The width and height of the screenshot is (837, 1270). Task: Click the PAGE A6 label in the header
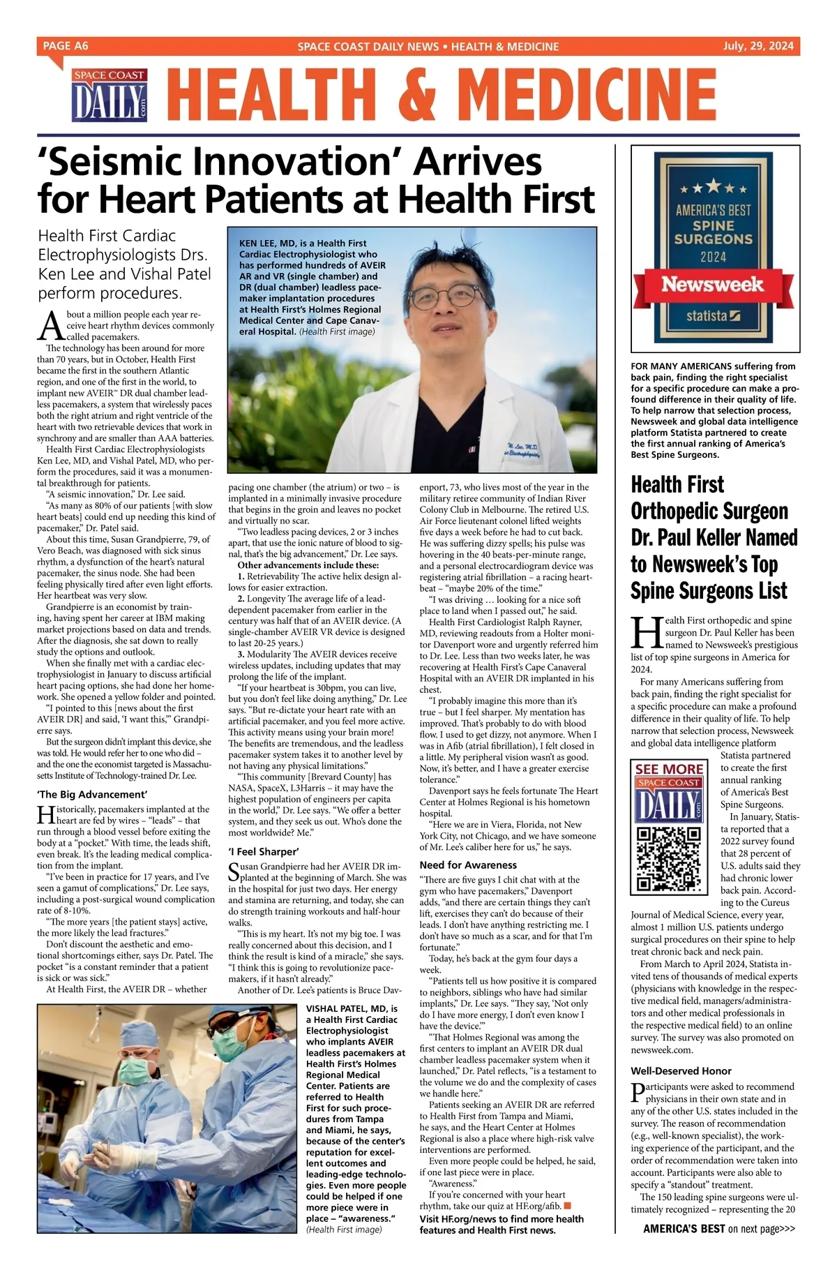(66, 46)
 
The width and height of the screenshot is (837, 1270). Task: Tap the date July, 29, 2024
(758, 46)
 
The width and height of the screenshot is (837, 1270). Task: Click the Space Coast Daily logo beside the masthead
(110, 96)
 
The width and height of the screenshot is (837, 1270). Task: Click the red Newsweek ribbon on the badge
(712, 285)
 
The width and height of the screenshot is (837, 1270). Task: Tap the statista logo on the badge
(713, 316)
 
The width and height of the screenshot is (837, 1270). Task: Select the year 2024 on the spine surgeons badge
(714, 257)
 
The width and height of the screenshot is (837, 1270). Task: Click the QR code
(670, 859)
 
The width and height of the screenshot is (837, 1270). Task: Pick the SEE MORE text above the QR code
(669, 769)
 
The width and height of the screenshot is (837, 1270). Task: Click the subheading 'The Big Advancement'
(92, 794)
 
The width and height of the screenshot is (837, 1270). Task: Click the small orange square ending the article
(567, 1205)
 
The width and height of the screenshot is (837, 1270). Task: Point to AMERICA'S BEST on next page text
(718, 1248)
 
